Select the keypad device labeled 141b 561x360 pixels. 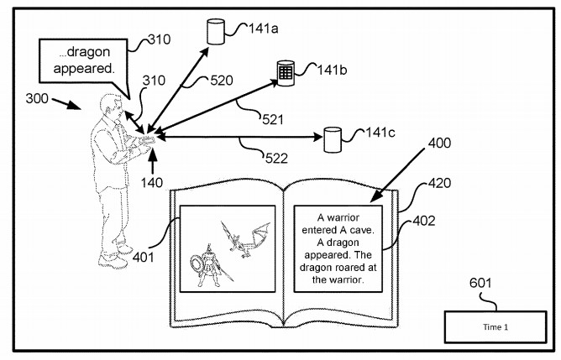pyautogui.click(x=286, y=72)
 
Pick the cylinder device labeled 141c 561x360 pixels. pyautogui.click(x=334, y=139)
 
